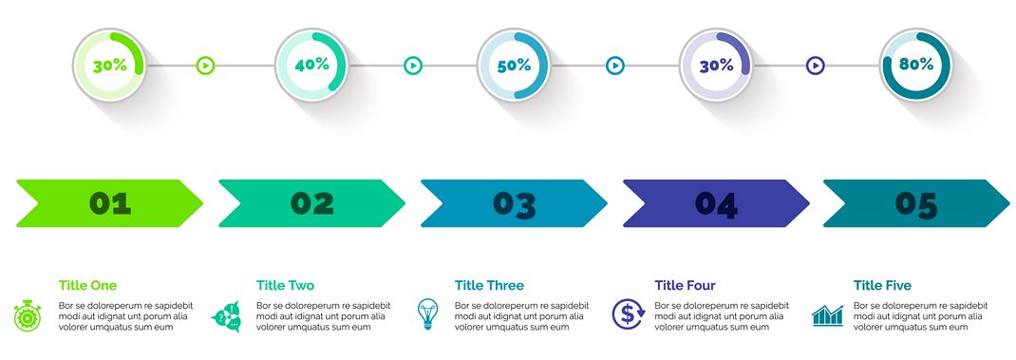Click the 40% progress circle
point(311,66)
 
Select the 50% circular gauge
point(513,66)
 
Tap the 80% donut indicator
point(915,66)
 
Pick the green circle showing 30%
point(109,66)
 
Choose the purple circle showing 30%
point(716,66)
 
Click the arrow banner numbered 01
point(109,203)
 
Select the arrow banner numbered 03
point(514,203)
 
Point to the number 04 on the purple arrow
point(716,203)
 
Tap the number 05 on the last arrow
point(916,203)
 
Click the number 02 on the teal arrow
point(312,203)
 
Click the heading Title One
point(87,285)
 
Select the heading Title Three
point(489,285)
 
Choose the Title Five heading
point(882,285)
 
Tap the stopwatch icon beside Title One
point(28,314)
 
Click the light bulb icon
point(428,313)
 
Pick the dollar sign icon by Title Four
point(628,313)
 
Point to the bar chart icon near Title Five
point(828,315)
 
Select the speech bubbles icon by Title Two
point(226,314)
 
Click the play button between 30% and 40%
point(205,66)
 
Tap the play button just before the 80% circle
point(815,66)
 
